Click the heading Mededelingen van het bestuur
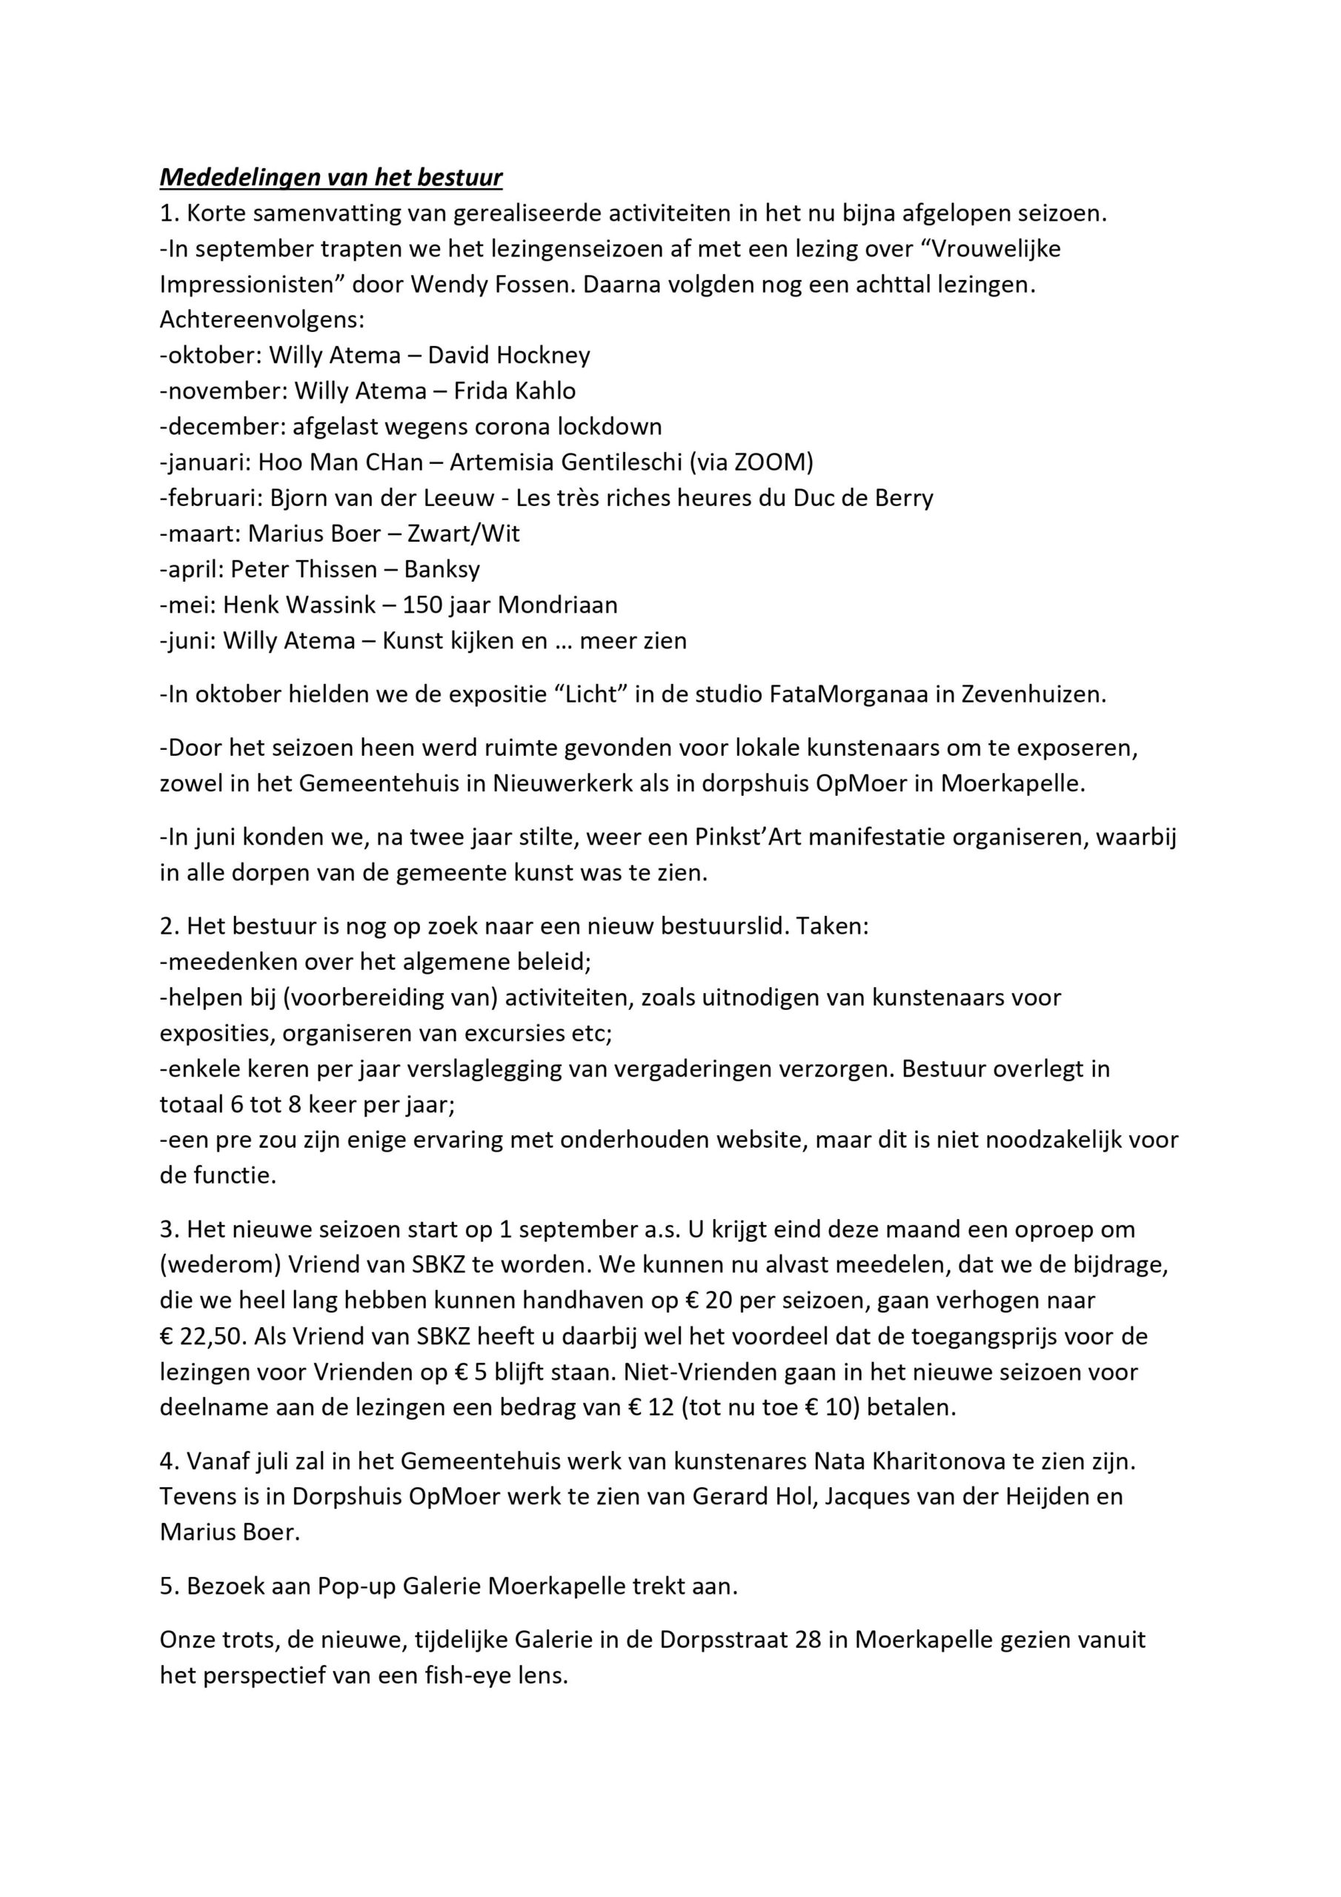coord(330,178)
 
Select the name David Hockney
coord(508,356)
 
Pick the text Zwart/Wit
coord(464,534)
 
